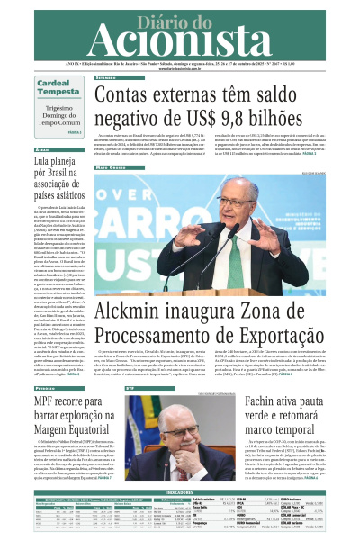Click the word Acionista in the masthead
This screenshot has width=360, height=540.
click(180, 38)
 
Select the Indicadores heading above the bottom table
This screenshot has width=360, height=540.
click(180, 492)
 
